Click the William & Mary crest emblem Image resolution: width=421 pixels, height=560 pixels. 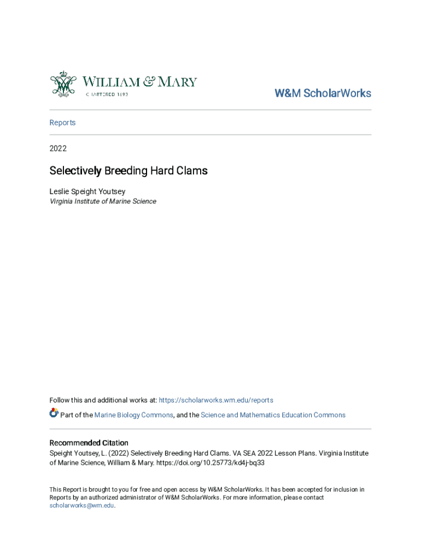pos(63,84)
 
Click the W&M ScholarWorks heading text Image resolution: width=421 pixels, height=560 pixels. pos(323,93)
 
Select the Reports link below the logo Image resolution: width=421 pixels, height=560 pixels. pos(62,122)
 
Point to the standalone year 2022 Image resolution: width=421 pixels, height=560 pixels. pos(58,148)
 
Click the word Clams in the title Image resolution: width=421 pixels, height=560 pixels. pos(192,171)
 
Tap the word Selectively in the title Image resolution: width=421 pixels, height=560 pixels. pos(75,171)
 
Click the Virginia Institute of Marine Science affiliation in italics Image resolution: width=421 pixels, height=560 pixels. pos(103,201)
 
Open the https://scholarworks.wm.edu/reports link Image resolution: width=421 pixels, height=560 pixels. pos(216,400)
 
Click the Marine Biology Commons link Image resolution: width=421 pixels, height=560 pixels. pos(134,415)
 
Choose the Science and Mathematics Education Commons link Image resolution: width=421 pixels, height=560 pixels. pos(273,415)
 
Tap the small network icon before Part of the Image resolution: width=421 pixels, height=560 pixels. pos(54,413)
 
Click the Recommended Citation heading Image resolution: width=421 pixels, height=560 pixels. pos(89,443)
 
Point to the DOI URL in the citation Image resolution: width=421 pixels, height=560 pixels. pos(210,463)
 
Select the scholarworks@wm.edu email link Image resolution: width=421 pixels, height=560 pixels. pos(82,506)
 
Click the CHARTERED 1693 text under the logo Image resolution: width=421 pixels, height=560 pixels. pos(107,95)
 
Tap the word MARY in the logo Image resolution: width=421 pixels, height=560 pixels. pos(177,82)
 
